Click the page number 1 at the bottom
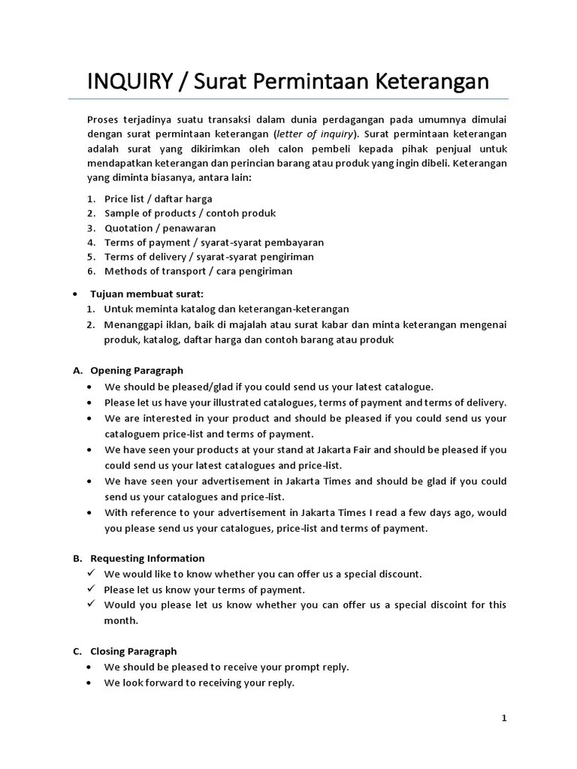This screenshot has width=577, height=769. pos(504,719)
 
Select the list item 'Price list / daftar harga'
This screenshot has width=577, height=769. pos(158,199)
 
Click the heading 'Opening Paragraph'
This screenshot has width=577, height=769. pos(137,370)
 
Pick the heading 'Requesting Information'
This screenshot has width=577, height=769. pos(147,558)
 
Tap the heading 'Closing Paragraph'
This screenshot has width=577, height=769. pos(134,651)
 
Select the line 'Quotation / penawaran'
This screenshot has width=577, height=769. pos(160,228)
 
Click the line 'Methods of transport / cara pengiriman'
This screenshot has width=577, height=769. pos(198,271)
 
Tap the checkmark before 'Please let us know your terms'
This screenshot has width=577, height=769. pos(89,590)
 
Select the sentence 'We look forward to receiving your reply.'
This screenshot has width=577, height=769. pos(199,683)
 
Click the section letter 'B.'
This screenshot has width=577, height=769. pos(77,558)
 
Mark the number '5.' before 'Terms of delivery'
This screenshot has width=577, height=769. pos(90,257)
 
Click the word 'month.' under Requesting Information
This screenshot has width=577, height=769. pos(121,621)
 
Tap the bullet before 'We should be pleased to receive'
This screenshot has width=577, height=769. pos(90,667)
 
